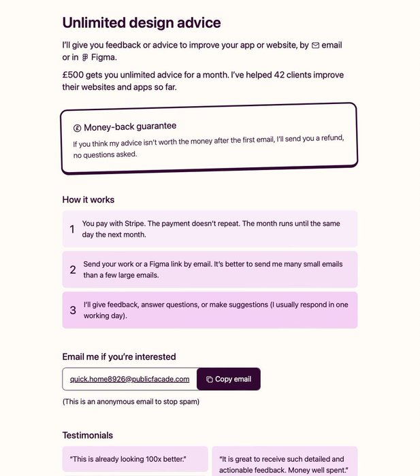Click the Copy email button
(229, 379)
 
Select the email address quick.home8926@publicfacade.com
(129, 379)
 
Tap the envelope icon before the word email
(315, 46)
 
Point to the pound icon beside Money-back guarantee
(78, 128)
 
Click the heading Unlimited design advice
(142, 22)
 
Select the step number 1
(72, 229)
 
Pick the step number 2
(73, 270)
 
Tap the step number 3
(73, 311)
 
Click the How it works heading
(88, 200)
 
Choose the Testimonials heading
(88, 435)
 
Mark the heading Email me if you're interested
(119, 356)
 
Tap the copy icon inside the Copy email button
(209, 379)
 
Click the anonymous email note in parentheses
(131, 401)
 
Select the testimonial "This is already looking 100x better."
(128, 459)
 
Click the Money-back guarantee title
(130, 126)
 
